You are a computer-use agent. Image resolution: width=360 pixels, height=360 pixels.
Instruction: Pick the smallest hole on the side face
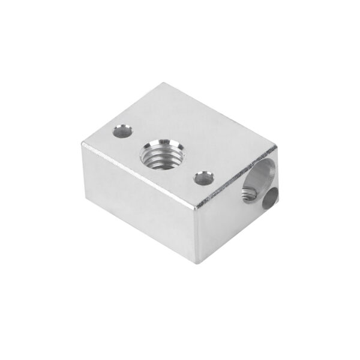(x=272, y=196)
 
